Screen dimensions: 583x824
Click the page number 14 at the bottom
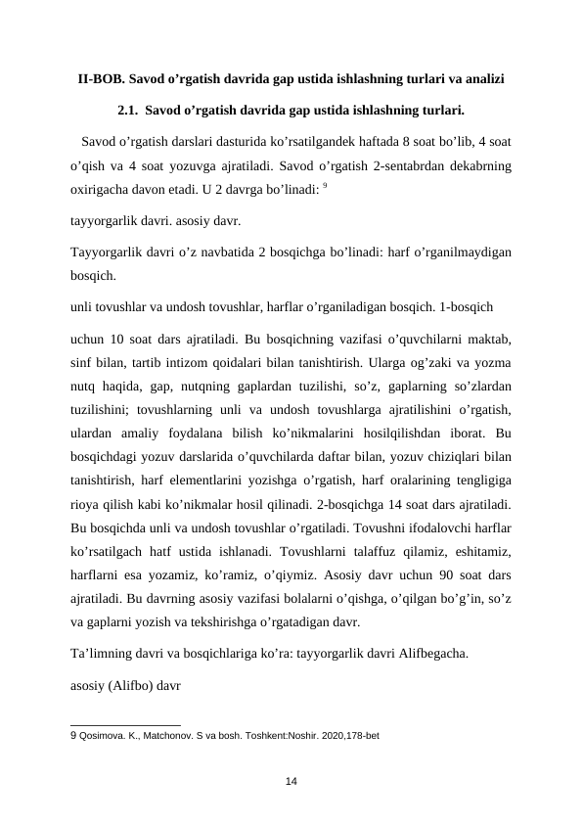(x=291, y=779)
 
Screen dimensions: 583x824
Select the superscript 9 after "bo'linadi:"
(x=327, y=183)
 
